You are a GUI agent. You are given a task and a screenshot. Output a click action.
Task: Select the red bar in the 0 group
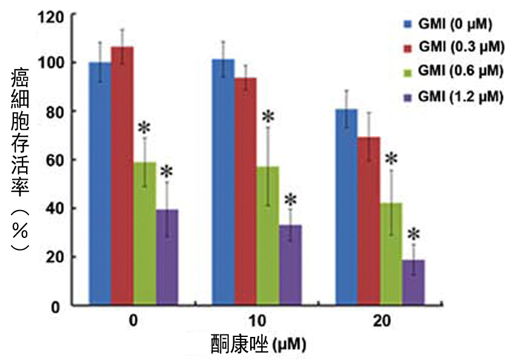click(122, 176)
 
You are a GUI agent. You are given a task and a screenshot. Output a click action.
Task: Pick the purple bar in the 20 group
click(413, 282)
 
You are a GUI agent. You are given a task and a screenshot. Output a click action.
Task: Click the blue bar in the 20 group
click(346, 207)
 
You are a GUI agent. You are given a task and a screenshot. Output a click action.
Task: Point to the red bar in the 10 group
click(245, 191)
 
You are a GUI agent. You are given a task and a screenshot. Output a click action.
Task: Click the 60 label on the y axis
click(55, 160)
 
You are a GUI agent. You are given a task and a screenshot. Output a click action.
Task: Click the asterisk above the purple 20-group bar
click(413, 235)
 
